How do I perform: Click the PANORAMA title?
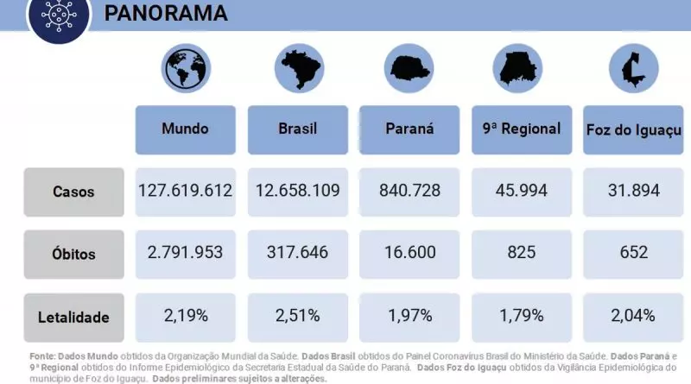coord(166,13)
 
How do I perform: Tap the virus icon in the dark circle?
coord(59,15)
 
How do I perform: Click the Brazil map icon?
coord(298,67)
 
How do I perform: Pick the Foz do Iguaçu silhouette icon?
coord(632,67)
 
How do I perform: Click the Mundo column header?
coord(185,129)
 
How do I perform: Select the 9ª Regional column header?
coord(522,129)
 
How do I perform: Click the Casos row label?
coord(73,192)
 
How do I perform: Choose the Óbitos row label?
coord(73,255)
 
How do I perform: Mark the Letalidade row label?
coord(73,317)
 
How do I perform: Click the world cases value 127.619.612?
coord(185,191)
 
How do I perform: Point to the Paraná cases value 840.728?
coord(409,191)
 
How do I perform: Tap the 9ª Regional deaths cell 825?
coord(522,253)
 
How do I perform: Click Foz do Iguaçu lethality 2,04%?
coord(633,315)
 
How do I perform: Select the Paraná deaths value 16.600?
coord(409,253)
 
